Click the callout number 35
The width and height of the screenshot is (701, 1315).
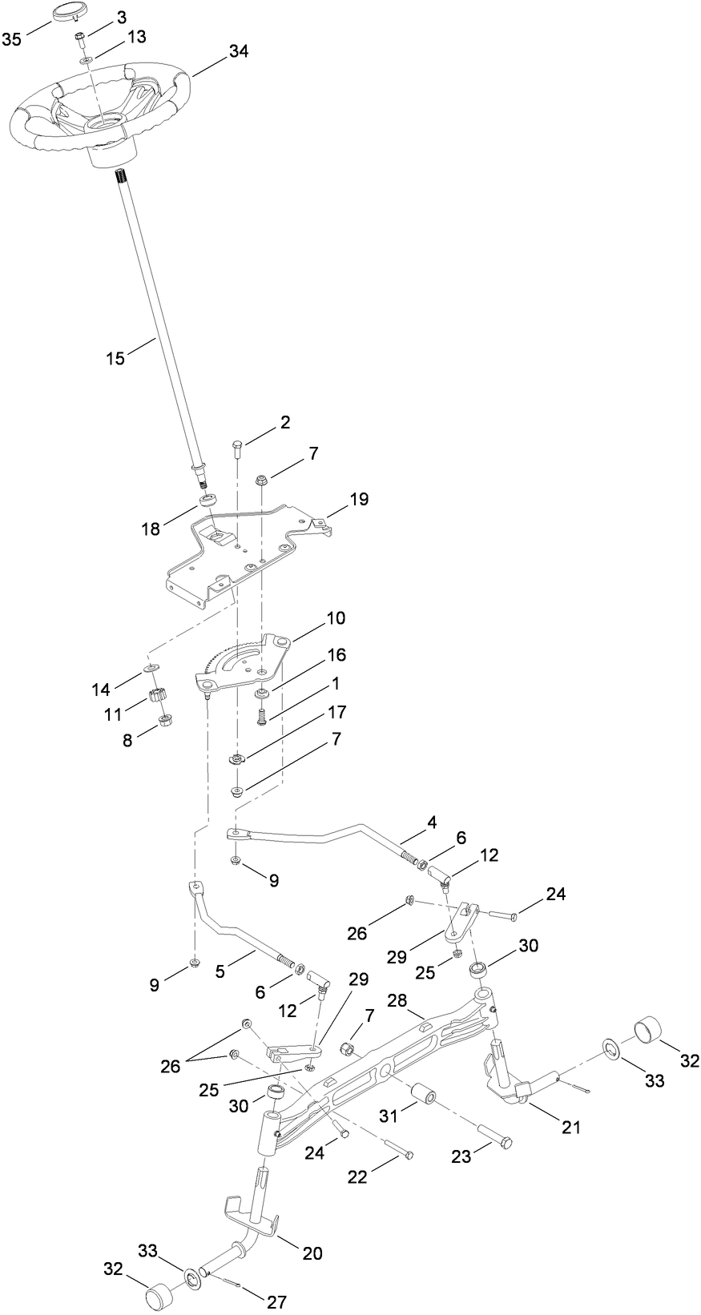tap(12, 40)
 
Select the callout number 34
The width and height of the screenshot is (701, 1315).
tap(239, 51)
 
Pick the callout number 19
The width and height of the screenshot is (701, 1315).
tap(358, 500)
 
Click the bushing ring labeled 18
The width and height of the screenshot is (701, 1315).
tap(207, 501)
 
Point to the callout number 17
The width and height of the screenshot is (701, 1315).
tap(336, 713)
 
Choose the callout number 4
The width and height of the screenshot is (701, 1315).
tap(432, 822)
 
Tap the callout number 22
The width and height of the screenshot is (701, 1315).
tap(357, 1176)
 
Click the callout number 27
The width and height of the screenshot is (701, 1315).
tap(276, 1302)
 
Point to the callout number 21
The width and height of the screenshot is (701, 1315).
tap(570, 1127)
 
